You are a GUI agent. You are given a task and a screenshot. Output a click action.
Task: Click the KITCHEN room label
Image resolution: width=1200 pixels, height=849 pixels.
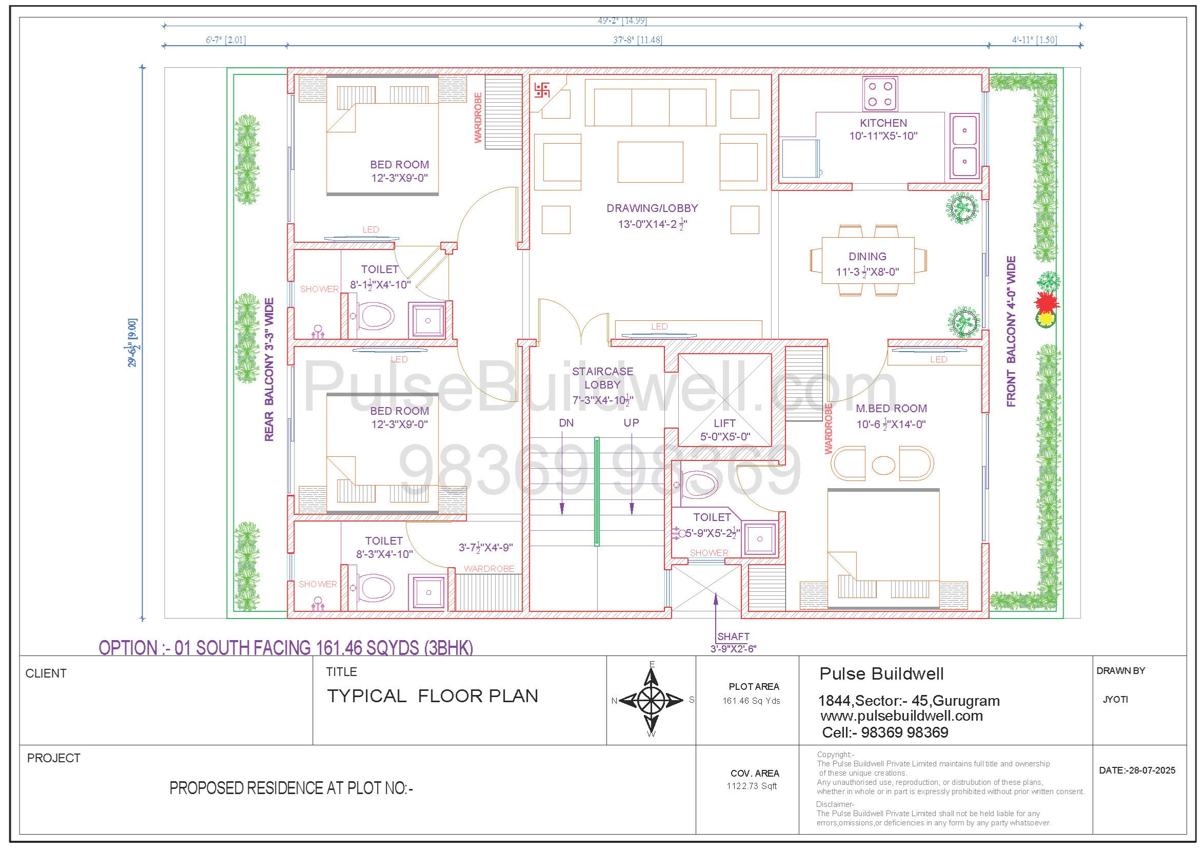point(883,123)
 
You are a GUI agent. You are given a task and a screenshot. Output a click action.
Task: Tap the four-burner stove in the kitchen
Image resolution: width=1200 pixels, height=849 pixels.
point(881,93)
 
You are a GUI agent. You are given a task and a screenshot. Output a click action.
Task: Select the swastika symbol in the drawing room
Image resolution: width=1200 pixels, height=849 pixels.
point(541,90)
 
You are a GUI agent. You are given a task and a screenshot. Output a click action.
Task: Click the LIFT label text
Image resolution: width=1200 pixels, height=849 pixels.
point(724,423)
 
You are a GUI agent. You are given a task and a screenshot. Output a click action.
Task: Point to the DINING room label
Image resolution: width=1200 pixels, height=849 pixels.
point(867,257)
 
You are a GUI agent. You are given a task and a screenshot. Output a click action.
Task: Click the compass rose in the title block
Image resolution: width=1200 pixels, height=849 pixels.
point(651,700)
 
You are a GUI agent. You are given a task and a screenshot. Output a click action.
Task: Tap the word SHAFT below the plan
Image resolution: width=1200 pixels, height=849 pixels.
point(733,636)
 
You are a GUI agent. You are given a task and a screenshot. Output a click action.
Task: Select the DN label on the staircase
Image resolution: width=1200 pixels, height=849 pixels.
point(566,422)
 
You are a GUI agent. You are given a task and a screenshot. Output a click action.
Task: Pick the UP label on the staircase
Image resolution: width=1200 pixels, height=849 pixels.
point(632,422)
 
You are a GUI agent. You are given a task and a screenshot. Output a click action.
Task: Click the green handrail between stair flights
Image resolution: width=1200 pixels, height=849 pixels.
point(596,491)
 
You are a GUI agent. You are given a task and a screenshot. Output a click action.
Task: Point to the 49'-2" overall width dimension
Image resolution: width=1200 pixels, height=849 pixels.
point(622,21)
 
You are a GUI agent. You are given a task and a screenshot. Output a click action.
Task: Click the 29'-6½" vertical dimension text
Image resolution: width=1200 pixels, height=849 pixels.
point(134,342)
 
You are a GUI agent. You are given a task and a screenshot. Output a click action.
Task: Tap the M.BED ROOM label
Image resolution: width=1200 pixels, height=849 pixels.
point(891,408)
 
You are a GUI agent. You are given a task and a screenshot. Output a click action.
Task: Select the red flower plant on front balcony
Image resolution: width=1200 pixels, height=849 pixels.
point(1046,302)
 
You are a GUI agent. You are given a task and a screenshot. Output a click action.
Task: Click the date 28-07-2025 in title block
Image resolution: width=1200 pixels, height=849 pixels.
point(1137,770)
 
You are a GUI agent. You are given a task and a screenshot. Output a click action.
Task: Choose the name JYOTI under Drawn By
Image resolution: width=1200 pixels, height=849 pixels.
point(1115,700)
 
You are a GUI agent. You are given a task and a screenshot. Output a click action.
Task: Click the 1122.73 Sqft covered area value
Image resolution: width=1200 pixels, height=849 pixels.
point(752,786)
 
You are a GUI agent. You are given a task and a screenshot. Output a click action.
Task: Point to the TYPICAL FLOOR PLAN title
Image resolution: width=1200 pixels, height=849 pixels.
point(432,696)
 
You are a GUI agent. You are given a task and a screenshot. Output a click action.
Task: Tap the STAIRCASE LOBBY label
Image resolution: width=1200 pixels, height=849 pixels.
point(603,378)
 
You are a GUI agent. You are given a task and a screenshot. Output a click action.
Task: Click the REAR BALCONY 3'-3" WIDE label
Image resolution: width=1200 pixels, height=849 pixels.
point(269,370)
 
